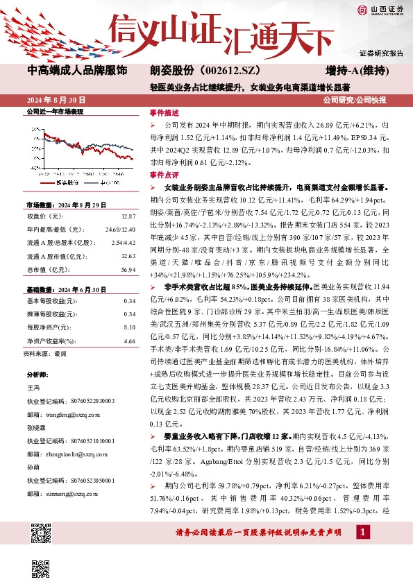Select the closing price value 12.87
coord(128,217)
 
